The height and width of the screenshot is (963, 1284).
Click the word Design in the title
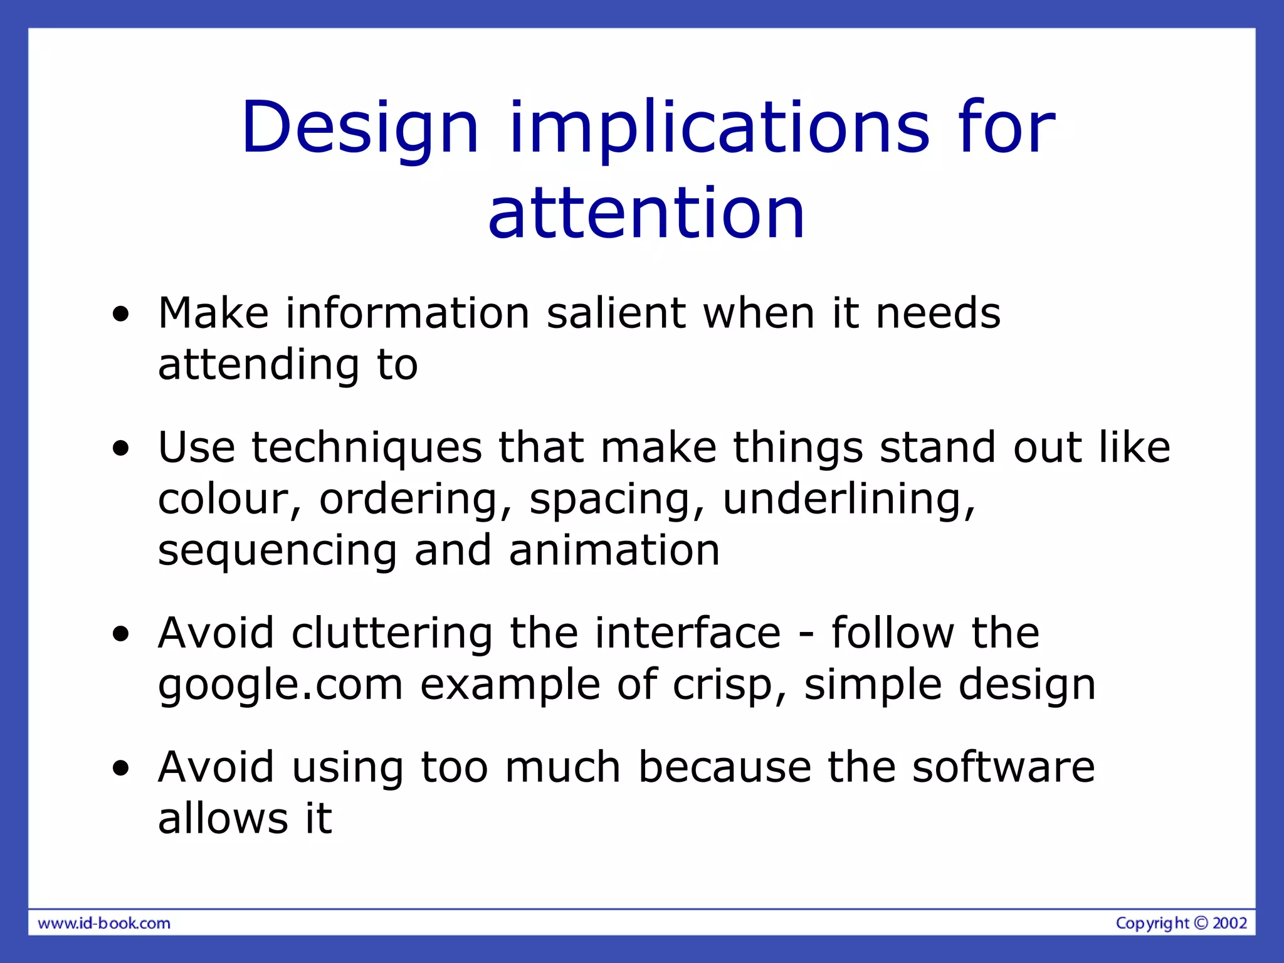pos(360,129)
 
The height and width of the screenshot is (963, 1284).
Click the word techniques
pos(367,448)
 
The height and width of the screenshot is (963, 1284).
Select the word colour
pos(223,500)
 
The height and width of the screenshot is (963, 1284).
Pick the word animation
pos(614,550)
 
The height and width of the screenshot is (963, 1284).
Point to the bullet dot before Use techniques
pos(121,449)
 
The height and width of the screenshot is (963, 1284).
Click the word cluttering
pos(392,633)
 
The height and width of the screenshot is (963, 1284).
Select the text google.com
pos(280,685)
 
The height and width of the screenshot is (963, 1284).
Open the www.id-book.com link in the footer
pos(104,924)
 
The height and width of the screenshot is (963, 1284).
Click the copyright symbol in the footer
pos(1201,923)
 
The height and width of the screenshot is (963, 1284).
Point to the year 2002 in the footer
pos(1229,923)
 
